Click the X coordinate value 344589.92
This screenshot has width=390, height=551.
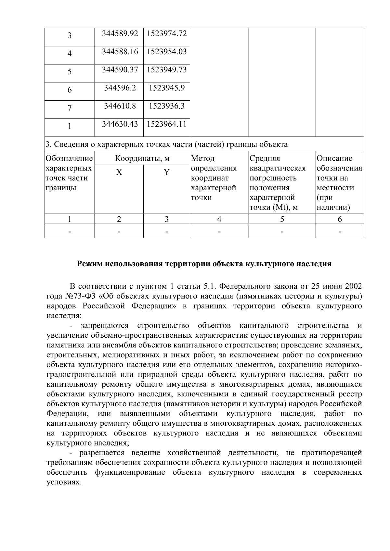click(x=120, y=33)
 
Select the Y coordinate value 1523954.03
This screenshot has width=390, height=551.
click(x=167, y=52)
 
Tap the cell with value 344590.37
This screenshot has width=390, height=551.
click(x=120, y=70)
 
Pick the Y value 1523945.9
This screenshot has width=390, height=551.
click(x=167, y=88)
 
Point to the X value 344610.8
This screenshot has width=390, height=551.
click(x=120, y=106)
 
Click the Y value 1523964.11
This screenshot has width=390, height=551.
click(x=167, y=124)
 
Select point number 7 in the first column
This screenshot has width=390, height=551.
click(x=70, y=108)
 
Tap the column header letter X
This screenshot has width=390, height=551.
click(x=119, y=172)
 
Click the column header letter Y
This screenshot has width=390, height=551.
click(x=166, y=172)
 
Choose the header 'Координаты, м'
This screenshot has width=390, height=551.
click(x=142, y=158)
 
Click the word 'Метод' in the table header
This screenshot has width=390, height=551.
click(x=203, y=158)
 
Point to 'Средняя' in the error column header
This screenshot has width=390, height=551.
click(x=265, y=158)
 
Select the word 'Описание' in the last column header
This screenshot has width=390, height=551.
click(x=334, y=158)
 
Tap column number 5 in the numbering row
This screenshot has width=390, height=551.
click(x=282, y=219)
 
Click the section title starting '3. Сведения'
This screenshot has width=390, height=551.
click(x=166, y=144)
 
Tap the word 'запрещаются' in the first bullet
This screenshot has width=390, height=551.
click(x=105, y=326)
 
